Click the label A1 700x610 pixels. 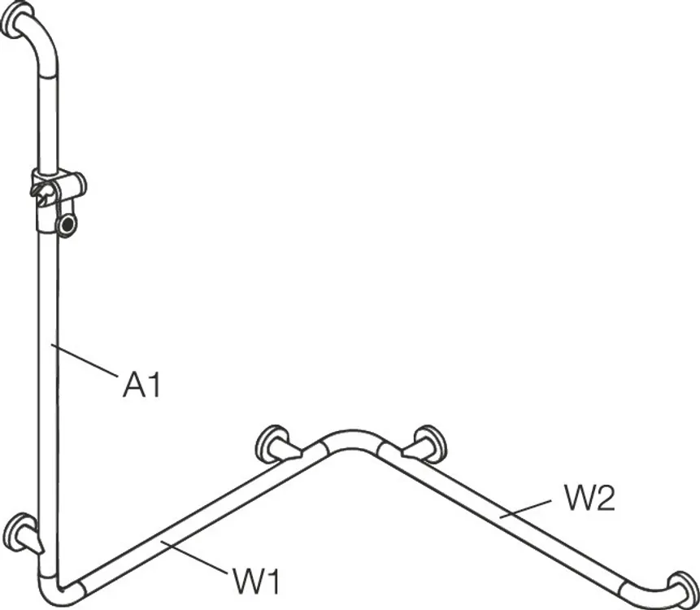[141, 385]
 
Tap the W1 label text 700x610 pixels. [256, 581]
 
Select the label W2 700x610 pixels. [589, 498]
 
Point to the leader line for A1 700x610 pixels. [85, 360]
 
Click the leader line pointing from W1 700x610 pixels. [194, 556]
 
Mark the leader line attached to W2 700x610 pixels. [525, 508]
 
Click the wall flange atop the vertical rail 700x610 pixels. [16, 19]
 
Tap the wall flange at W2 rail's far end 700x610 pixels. [684, 589]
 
